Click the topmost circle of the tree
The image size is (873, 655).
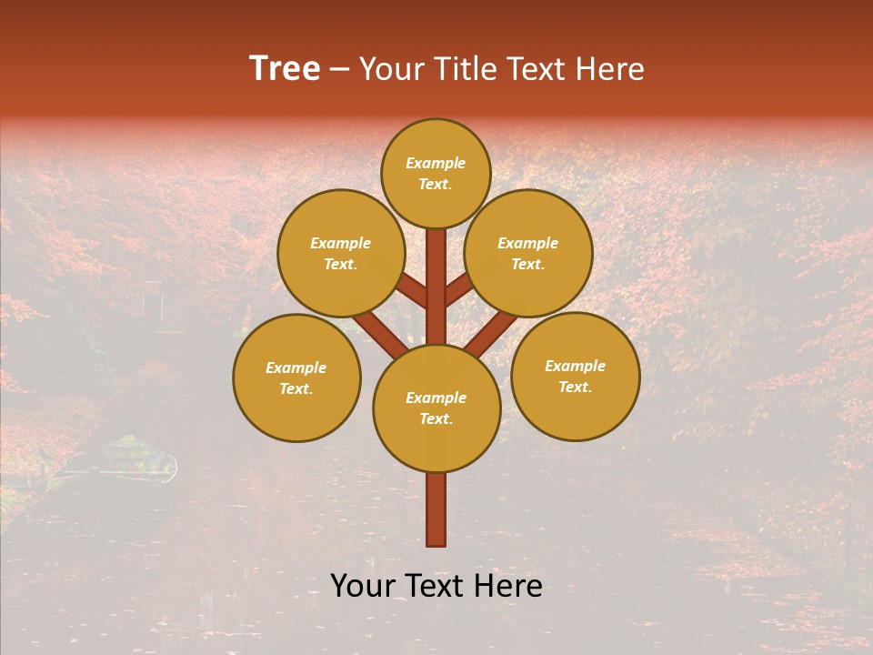point(436,173)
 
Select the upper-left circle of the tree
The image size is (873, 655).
point(341,253)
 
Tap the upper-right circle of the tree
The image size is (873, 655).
point(528,253)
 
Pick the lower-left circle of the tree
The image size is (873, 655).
point(296,378)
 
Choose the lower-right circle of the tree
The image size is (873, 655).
point(576,376)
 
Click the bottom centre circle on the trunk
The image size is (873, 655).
point(436,408)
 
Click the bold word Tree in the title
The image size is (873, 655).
point(285,68)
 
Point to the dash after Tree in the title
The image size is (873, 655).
point(339,70)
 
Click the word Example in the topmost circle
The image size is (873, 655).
point(436,163)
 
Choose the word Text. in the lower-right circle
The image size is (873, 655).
point(575,387)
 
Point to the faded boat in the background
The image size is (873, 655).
point(118,459)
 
